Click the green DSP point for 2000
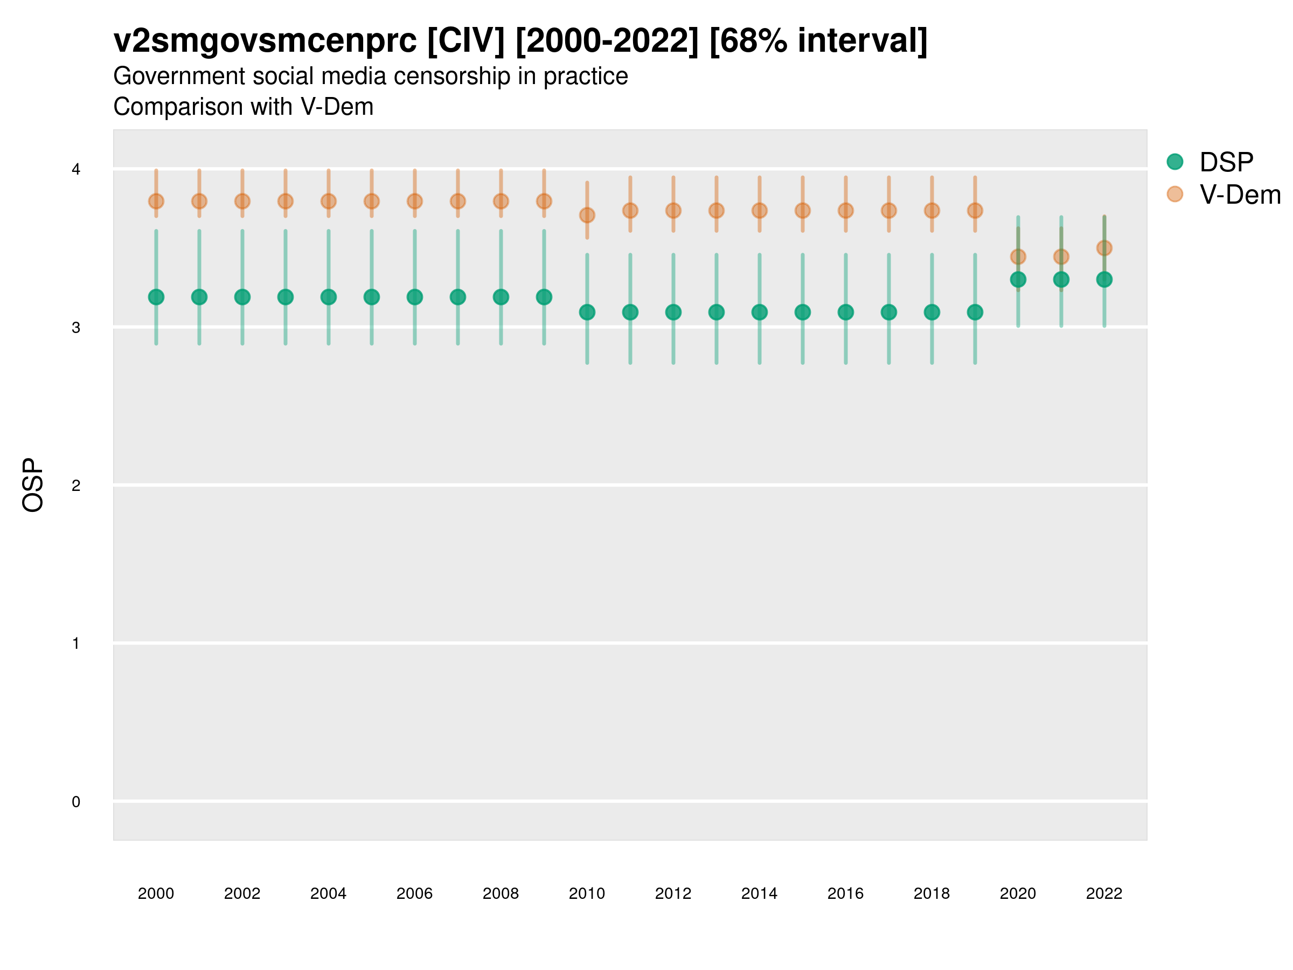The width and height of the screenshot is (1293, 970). tap(156, 297)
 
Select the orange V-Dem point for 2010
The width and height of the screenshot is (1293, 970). tap(587, 215)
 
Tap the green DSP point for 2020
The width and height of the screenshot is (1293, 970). tap(1018, 280)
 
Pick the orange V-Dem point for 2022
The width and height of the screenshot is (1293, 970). tap(1103, 248)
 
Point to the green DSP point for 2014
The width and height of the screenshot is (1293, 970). tap(759, 312)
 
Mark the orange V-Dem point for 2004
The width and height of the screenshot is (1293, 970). tap(329, 201)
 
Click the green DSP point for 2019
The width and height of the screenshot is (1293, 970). tap(975, 312)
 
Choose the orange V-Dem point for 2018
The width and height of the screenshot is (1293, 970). tap(931, 211)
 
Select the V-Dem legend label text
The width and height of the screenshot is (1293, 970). tap(1240, 195)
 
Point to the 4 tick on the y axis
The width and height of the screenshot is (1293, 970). tap(76, 170)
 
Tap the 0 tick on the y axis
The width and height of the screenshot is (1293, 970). tap(76, 802)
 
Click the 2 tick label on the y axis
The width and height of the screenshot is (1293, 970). tap(76, 486)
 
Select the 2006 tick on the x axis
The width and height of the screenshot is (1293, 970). tap(414, 893)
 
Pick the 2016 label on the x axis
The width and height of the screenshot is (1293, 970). tap(845, 893)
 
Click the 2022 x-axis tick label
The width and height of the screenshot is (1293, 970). tap(1103, 893)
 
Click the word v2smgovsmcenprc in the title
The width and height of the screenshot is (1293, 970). tap(265, 41)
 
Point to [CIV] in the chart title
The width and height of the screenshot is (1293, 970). tap(465, 41)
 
